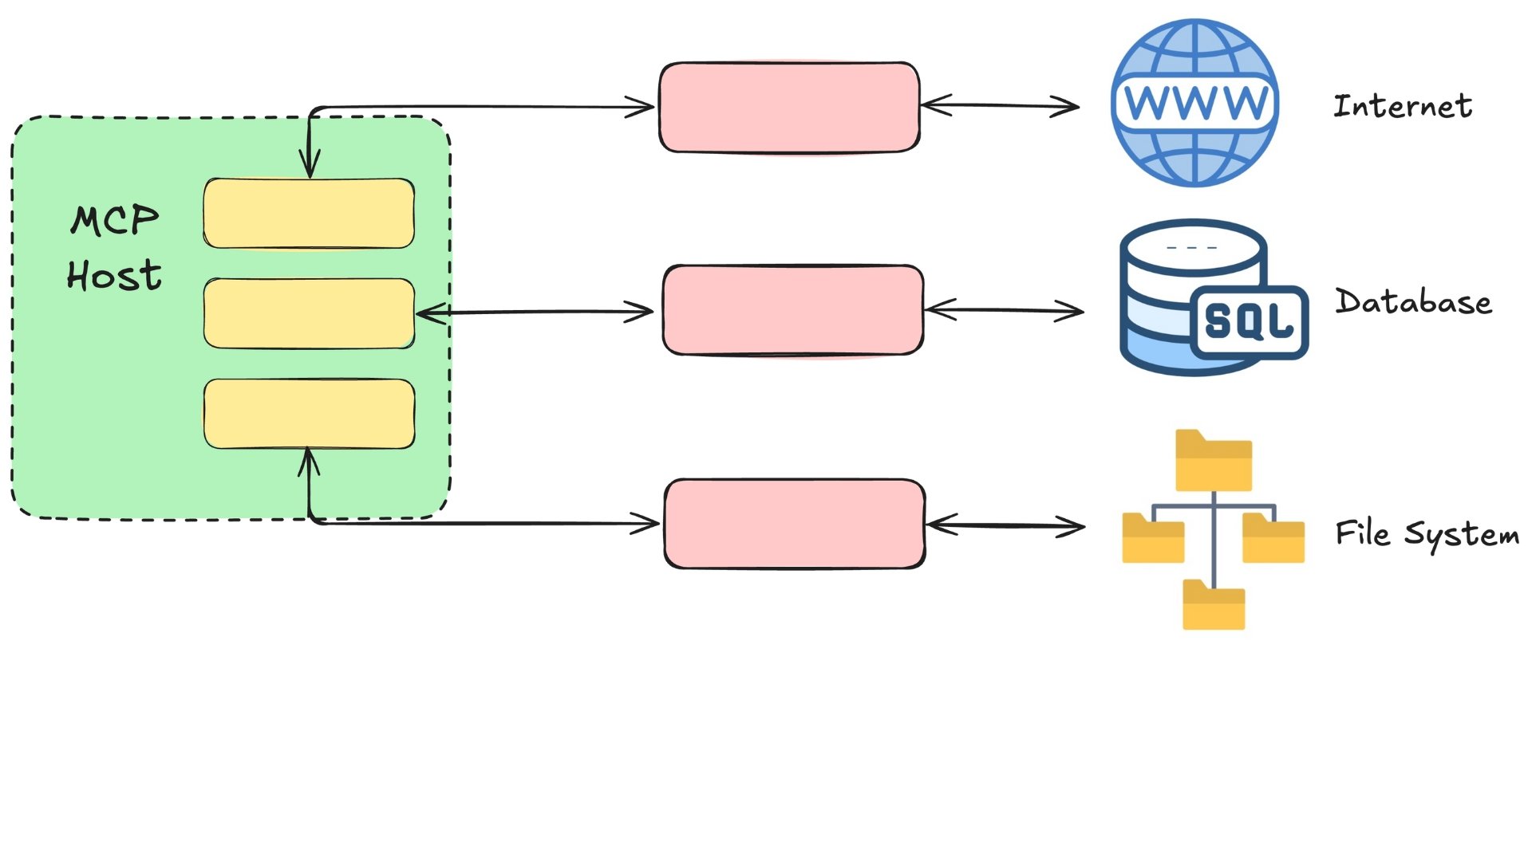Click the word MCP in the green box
click(115, 220)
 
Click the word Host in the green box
click(114, 276)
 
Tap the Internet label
click(1403, 106)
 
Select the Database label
click(1413, 302)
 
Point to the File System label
click(1427, 534)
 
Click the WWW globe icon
click(1195, 103)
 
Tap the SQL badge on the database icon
click(1249, 321)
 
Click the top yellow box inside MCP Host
click(309, 214)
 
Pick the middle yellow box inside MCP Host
click(309, 313)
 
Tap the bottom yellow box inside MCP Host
click(309, 414)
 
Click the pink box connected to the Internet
click(789, 107)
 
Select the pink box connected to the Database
click(793, 310)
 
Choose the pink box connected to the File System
click(795, 524)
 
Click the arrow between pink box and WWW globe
click(1000, 105)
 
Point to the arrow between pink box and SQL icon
click(1004, 310)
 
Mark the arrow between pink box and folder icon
click(1005, 525)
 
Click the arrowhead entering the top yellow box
click(310, 167)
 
